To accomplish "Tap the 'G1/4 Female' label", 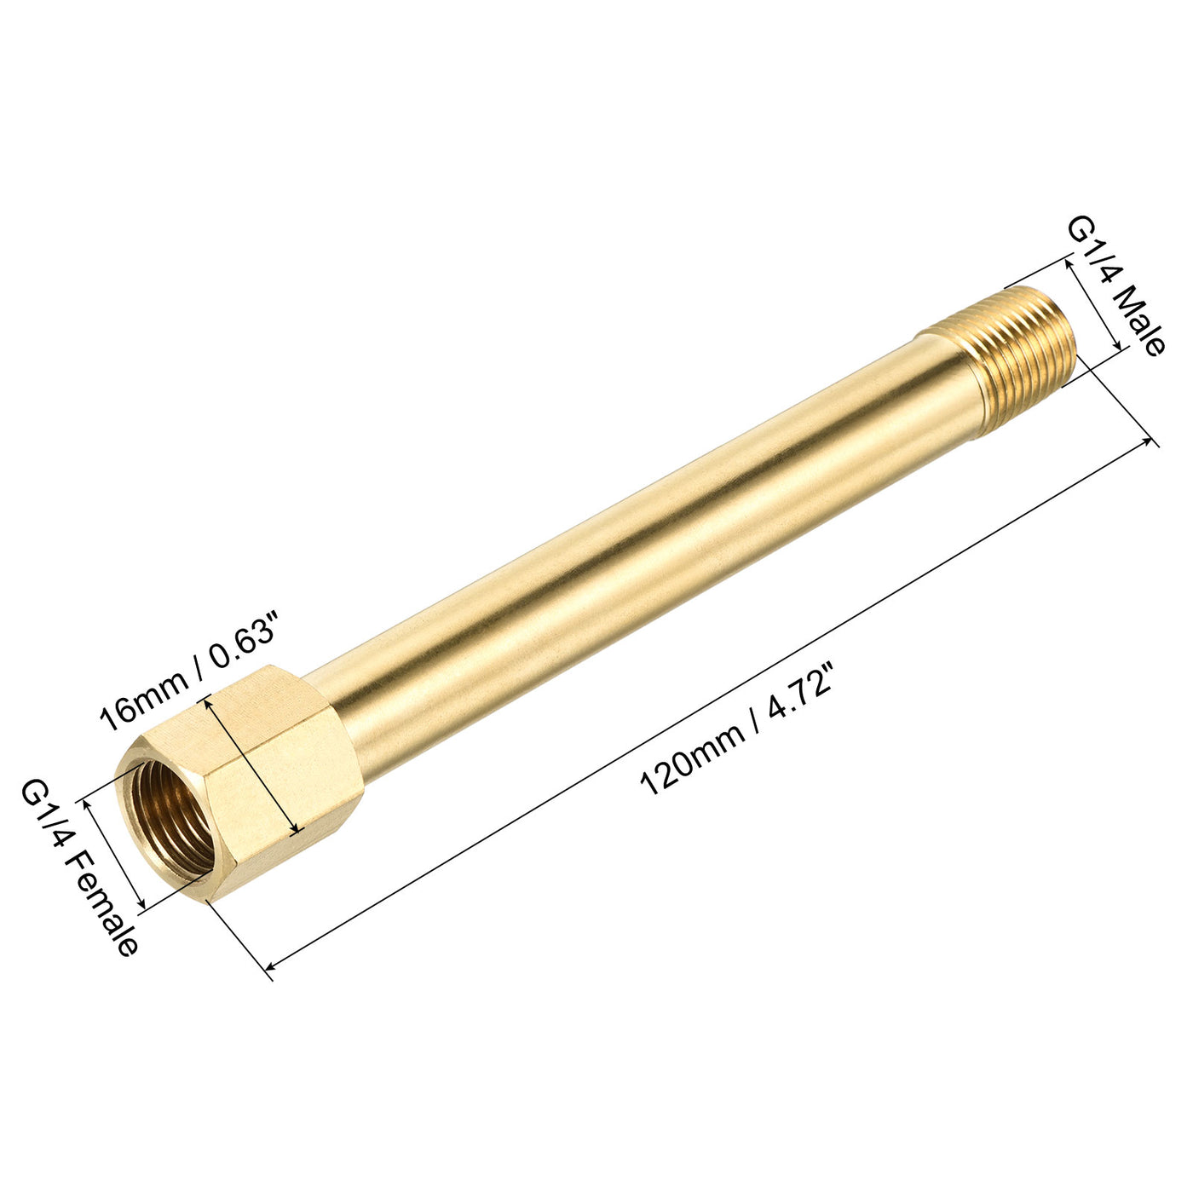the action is [79, 870].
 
